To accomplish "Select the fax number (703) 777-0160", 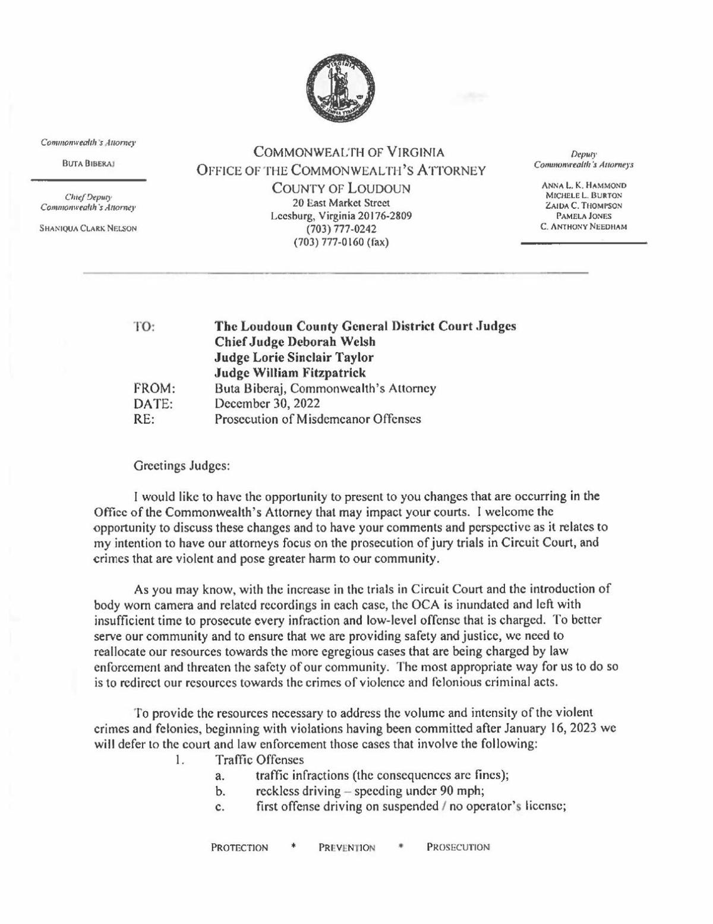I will [341, 242].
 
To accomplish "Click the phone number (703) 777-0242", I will [341, 229].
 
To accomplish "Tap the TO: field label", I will [144, 326].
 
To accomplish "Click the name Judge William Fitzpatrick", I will [289, 373].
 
